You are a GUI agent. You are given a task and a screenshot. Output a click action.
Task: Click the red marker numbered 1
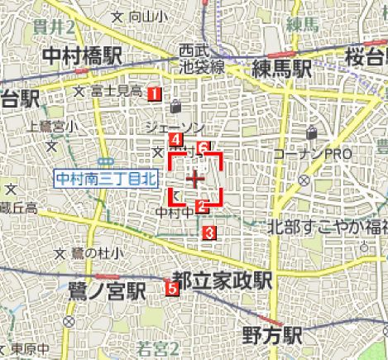tap(154, 93)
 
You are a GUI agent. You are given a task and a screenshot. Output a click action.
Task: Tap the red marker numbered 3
tap(209, 233)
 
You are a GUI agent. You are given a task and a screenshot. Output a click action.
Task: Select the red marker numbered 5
tap(171, 288)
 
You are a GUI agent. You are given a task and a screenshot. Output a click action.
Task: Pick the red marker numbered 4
tap(175, 139)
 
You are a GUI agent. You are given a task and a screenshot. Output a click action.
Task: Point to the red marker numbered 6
tap(204, 148)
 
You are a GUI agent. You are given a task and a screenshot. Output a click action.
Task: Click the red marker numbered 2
tap(200, 206)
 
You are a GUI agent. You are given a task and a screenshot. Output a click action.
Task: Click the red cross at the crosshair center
tap(196, 179)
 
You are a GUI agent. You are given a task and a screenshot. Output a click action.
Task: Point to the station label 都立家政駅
tap(227, 281)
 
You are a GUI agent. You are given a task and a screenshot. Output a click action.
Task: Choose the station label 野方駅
tap(272, 335)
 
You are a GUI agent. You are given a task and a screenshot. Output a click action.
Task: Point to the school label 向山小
tap(138, 17)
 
